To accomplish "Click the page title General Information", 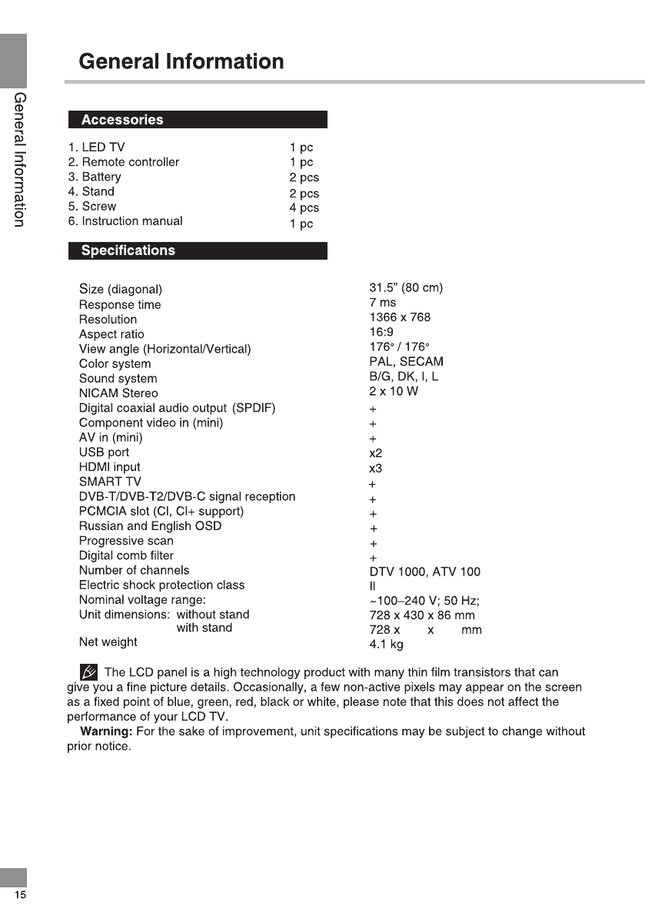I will [181, 61].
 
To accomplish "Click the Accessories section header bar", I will [198, 120].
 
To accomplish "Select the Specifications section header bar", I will [198, 250].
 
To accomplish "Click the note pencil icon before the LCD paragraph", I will [88, 673].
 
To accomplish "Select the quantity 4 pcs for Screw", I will [304, 208].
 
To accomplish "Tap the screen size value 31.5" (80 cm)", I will [406, 288].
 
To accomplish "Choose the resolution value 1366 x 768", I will [400, 317].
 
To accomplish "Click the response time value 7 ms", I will [383, 303].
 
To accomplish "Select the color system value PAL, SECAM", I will [406, 362].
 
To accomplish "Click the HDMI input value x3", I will [376, 468].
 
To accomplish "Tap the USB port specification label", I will [104, 453].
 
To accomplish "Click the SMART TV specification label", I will [110, 482].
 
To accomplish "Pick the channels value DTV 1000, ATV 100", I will [424, 572].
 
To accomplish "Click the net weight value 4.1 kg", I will [386, 645].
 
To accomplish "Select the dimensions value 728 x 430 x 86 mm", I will [422, 615].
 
